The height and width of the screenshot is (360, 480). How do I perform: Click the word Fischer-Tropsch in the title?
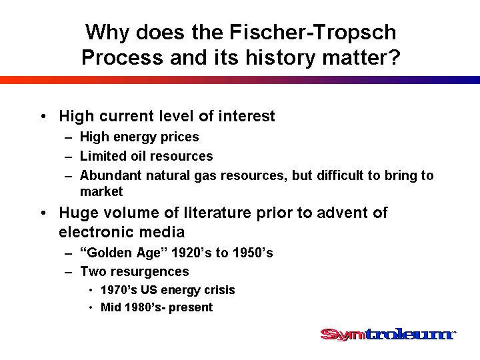pyautogui.click(x=313, y=32)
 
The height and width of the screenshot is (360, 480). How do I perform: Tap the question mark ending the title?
pyautogui.click(x=395, y=57)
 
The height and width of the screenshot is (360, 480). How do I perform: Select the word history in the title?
pyautogui.click(x=281, y=58)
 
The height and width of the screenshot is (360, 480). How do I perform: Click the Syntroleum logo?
pyautogui.click(x=388, y=334)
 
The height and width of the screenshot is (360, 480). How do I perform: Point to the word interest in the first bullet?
pyautogui.click(x=247, y=116)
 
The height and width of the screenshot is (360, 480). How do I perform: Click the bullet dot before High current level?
pyautogui.click(x=43, y=116)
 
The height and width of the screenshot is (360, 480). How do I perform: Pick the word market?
pyautogui.click(x=101, y=191)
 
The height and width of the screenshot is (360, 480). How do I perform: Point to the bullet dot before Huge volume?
pyautogui.click(x=43, y=213)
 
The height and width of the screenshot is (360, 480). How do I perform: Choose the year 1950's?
pyautogui.click(x=253, y=253)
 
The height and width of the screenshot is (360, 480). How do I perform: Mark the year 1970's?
pyautogui.click(x=119, y=290)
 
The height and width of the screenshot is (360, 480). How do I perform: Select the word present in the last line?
pyautogui.click(x=191, y=307)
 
